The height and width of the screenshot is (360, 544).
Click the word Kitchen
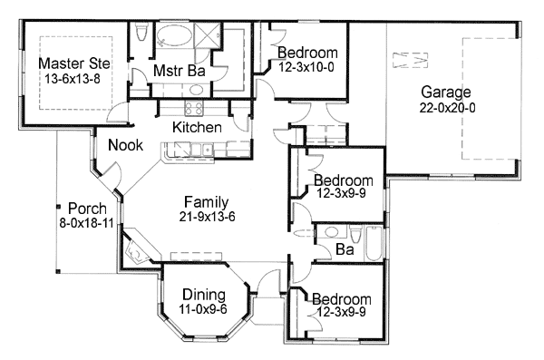(197, 127)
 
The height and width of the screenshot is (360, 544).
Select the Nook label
(124, 145)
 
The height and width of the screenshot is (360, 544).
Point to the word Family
(206, 201)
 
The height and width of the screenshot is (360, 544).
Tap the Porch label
(81, 209)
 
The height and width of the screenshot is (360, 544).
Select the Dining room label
(204, 294)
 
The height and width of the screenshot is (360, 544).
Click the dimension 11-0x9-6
(204, 308)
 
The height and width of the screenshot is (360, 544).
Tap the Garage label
(445, 92)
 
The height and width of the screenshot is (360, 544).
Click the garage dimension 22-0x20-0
(445, 107)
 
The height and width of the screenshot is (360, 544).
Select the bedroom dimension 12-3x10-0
(308, 66)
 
